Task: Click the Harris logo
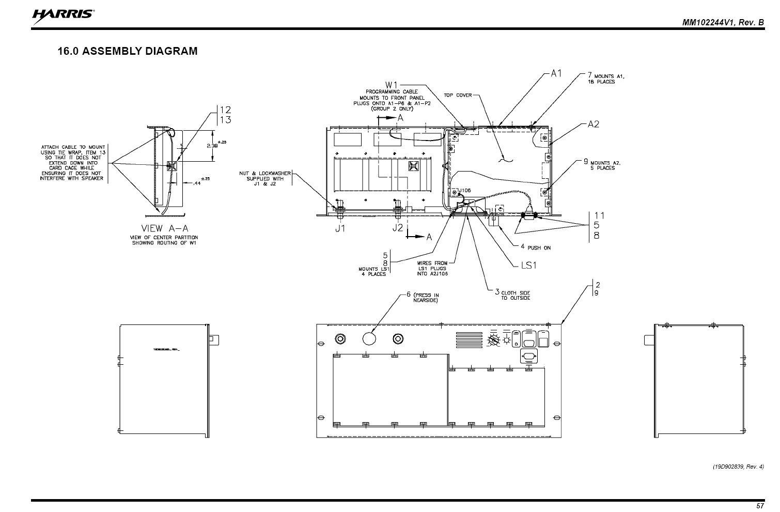pyautogui.click(x=63, y=15)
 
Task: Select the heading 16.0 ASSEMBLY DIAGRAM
pyautogui.click(x=128, y=51)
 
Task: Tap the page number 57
pyautogui.click(x=760, y=506)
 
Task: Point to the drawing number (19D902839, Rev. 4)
pyautogui.click(x=738, y=467)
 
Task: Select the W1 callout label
pyautogui.click(x=391, y=85)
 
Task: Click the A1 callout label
pyautogui.click(x=556, y=73)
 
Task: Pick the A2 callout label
pyautogui.click(x=594, y=124)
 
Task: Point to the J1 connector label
pyautogui.click(x=339, y=228)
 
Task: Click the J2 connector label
pyautogui.click(x=397, y=228)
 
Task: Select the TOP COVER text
pyautogui.click(x=458, y=95)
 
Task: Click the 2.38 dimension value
pyautogui.click(x=212, y=146)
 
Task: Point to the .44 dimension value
pyautogui.click(x=197, y=183)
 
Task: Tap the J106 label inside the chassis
pyautogui.click(x=464, y=190)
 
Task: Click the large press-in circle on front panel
pyautogui.click(x=369, y=338)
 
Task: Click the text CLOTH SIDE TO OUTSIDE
pyautogui.click(x=515, y=295)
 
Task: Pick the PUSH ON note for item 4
pyautogui.click(x=539, y=248)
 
